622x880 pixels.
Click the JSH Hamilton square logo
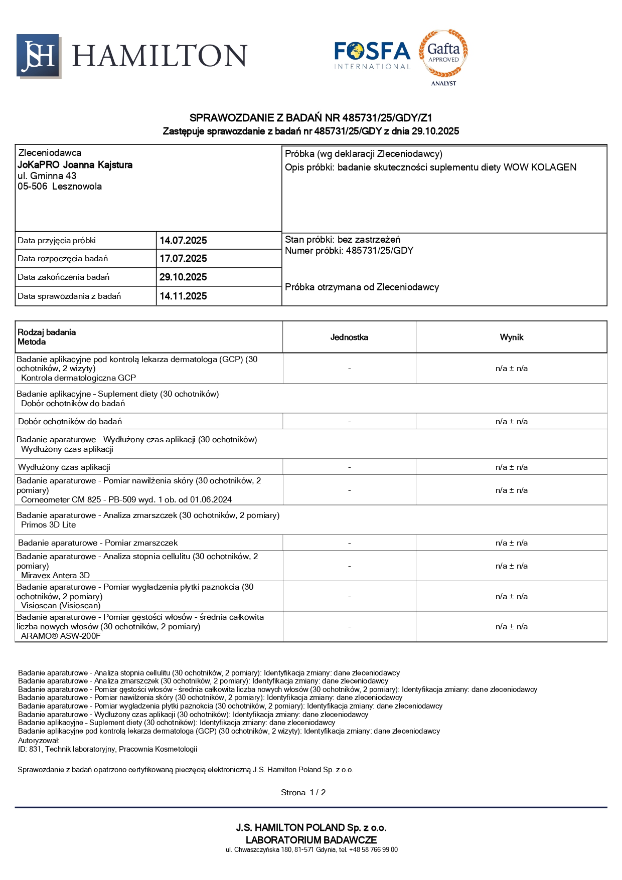click(x=39, y=56)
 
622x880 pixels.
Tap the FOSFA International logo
click(x=372, y=55)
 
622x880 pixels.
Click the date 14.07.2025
click(x=183, y=241)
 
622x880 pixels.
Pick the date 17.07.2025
click(x=183, y=259)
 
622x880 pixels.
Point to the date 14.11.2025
click(x=183, y=296)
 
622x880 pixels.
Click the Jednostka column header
click(x=349, y=337)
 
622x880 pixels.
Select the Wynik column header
click(x=511, y=337)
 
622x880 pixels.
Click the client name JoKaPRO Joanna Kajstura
click(x=75, y=165)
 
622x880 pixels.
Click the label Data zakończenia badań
click(x=63, y=277)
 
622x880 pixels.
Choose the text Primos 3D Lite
click(x=49, y=525)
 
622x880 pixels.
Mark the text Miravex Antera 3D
click(x=56, y=576)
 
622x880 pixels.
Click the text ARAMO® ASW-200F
click(x=61, y=636)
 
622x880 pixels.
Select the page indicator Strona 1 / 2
click(x=303, y=793)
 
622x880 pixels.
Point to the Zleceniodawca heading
click(x=50, y=153)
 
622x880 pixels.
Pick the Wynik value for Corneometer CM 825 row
click(x=511, y=490)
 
